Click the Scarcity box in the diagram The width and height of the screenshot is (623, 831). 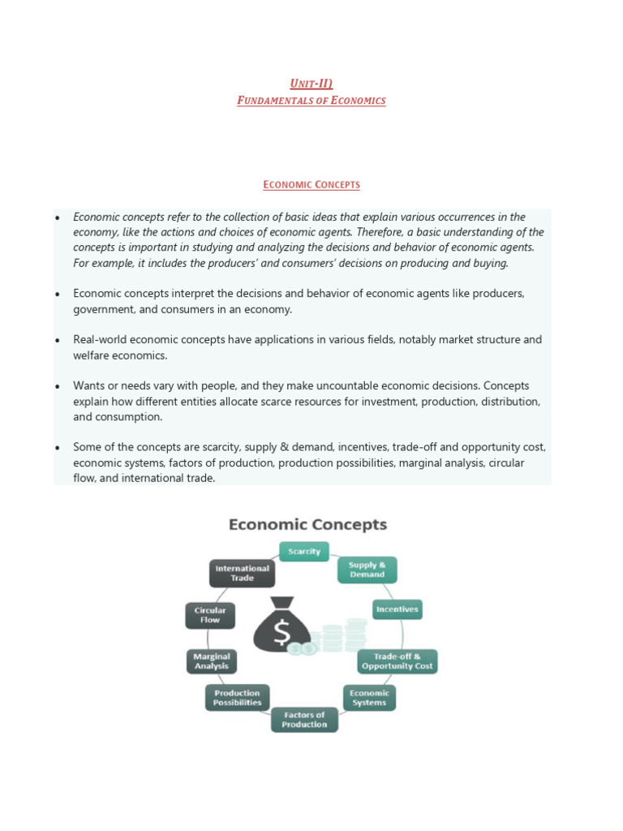click(x=304, y=552)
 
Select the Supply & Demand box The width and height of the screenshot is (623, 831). click(x=367, y=570)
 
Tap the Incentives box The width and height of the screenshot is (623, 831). click(x=397, y=609)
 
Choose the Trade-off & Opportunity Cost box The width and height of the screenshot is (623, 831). click(x=397, y=661)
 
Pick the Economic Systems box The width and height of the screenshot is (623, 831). click(x=369, y=698)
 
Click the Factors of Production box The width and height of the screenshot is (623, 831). click(x=304, y=720)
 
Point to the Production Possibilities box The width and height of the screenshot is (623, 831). click(x=237, y=698)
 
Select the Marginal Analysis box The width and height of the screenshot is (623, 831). click(x=212, y=661)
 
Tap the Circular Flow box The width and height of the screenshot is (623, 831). click(x=210, y=614)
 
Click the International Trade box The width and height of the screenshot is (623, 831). click(x=242, y=573)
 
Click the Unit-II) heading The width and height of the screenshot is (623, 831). click(x=311, y=84)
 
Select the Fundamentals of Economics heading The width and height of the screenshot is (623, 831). click(x=311, y=101)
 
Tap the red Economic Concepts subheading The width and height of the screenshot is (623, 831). click(x=311, y=185)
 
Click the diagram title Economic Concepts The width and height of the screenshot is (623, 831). click(x=307, y=525)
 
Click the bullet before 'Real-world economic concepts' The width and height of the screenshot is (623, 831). click(x=58, y=341)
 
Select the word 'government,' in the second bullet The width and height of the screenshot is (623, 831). click(x=101, y=309)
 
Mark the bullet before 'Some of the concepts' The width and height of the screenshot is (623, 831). click(x=58, y=448)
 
